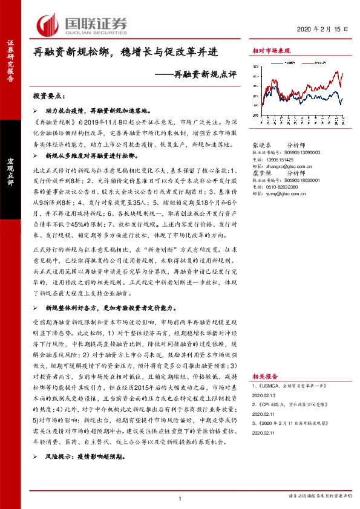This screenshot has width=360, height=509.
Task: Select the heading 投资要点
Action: click(48, 96)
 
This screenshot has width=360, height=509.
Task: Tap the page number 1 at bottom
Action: click(180, 498)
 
